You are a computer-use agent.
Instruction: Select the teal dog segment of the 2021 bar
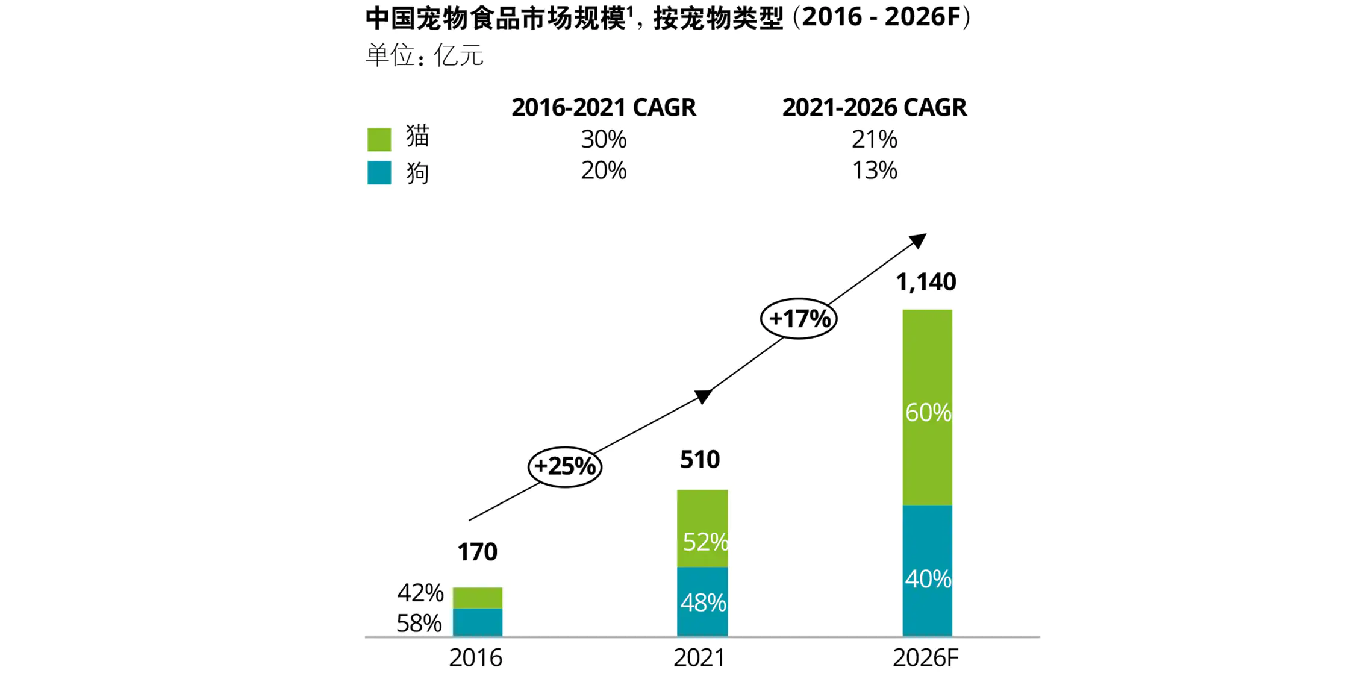coord(702,601)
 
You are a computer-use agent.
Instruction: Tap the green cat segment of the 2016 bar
coord(477,597)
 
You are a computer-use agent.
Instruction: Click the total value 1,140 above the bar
coord(926,282)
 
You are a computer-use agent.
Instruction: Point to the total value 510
coord(699,460)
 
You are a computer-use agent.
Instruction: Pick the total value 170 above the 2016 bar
coord(477,552)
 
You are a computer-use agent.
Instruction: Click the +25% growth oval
coord(564,466)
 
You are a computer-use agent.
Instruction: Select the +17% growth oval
coord(799,318)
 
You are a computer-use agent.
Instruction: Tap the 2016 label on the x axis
coord(475,657)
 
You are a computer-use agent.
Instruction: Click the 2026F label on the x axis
coord(925,657)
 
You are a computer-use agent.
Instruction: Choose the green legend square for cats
coord(379,139)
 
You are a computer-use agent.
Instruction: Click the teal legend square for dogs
coord(379,172)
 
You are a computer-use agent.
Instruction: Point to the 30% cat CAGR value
coord(604,139)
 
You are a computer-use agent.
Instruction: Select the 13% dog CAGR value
coord(874,171)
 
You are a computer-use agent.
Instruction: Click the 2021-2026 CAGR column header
coord(874,107)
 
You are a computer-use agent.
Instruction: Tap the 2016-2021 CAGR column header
coord(604,107)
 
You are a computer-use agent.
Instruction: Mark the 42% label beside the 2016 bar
coord(420,593)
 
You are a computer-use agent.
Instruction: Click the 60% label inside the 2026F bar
coord(928,413)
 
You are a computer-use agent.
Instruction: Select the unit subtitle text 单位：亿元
coord(424,55)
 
